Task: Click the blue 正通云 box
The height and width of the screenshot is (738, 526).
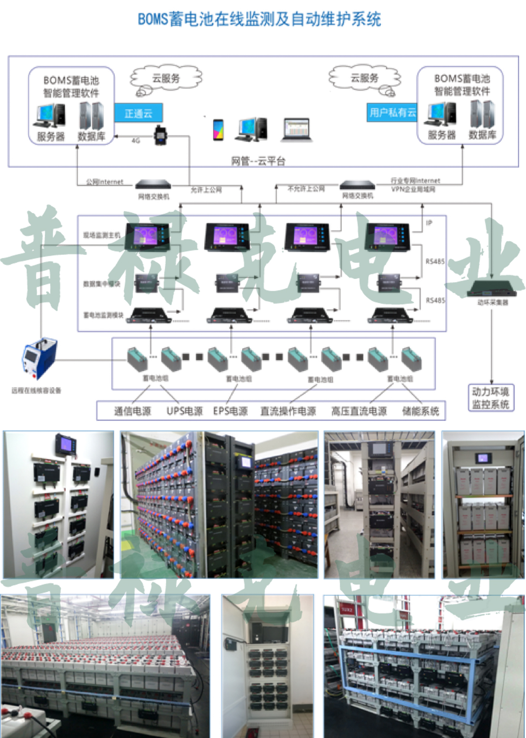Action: pos(138,113)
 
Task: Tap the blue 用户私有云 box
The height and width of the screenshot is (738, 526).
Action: pos(392,112)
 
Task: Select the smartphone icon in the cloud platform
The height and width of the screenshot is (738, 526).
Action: pos(218,130)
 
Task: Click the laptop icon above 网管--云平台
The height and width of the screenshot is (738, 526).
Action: pos(297,129)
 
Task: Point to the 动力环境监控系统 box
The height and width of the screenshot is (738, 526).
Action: pos(491,397)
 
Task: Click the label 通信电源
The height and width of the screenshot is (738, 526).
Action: pos(132,411)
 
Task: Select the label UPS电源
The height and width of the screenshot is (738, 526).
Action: pos(185,411)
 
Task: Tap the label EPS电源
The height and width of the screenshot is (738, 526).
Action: pos(230,411)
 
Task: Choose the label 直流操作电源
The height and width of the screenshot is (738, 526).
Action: pos(288,411)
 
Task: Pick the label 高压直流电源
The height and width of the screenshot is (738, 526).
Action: pos(359,411)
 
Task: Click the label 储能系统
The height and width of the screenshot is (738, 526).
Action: pos(420,411)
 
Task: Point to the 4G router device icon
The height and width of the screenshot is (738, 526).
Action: pos(160,135)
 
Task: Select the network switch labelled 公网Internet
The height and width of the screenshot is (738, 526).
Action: pos(153,184)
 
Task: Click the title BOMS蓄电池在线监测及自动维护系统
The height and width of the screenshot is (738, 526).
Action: pos(259,19)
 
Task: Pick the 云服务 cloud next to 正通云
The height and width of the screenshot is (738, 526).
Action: pos(166,79)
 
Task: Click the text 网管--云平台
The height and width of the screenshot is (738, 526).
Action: pos(258,161)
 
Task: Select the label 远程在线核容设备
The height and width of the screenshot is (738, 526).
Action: pos(36,390)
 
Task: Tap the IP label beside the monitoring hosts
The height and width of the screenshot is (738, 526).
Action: pos(429,223)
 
